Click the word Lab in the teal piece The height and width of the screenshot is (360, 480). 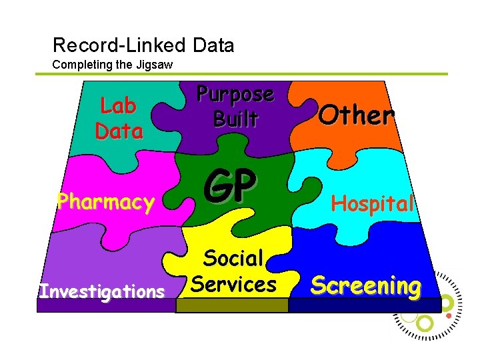118,105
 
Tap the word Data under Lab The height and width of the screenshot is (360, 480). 119,131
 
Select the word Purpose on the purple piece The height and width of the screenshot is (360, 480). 235,94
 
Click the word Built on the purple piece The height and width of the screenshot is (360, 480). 235,119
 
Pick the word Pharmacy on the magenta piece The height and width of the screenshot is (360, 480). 105,201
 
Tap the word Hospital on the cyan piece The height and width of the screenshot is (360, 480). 373,203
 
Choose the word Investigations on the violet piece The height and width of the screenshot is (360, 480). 102,291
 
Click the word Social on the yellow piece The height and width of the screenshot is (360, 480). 233,258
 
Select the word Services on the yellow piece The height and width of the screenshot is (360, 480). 233,284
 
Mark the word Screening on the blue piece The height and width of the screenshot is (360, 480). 366,285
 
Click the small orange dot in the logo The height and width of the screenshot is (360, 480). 450,315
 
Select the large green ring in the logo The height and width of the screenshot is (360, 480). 425,323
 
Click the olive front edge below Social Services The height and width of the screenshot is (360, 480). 232,305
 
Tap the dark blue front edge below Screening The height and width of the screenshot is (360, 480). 365,305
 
